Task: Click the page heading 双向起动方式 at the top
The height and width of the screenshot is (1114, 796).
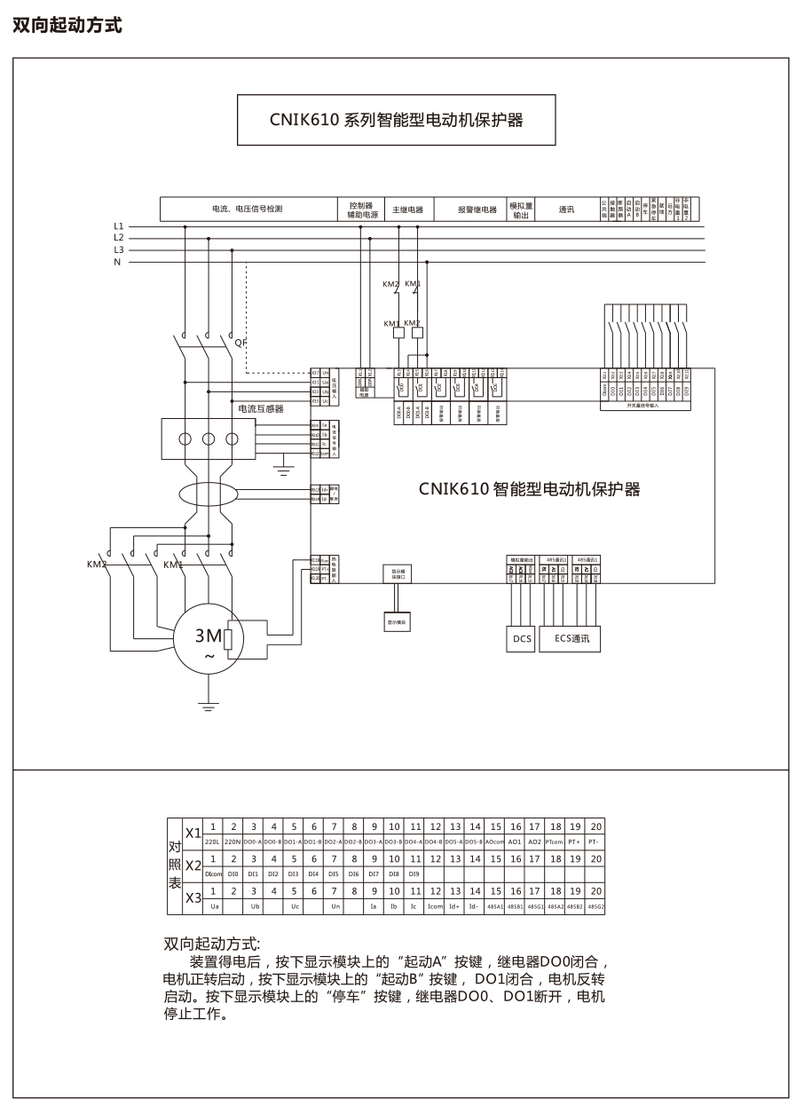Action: [x=67, y=26]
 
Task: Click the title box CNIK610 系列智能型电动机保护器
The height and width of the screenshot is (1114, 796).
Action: [x=396, y=120]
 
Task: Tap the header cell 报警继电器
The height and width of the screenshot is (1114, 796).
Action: [x=477, y=210]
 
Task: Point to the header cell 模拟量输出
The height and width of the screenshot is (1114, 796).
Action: [x=521, y=210]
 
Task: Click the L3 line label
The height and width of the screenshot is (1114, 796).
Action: [x=119, y=249]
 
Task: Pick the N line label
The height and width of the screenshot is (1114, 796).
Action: [x=118, y=262]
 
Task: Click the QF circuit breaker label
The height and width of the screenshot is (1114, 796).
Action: [x=240, y=342]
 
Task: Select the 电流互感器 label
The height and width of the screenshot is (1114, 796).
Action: [x=261, y=409]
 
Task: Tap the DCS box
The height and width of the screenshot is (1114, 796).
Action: [x=522, y=637]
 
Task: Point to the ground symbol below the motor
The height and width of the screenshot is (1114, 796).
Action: [x=209, y=707]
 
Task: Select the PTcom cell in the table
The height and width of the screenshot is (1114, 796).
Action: [x=556, y=841]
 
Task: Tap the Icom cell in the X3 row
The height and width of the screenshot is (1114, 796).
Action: [x=435, y=906]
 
